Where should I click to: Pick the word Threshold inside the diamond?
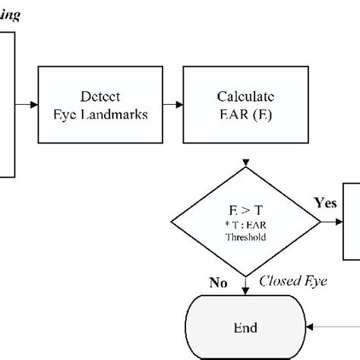point(245,236)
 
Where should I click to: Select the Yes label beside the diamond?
point(325,204)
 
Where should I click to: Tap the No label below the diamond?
point(219,283)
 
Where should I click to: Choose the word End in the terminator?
point(245,328)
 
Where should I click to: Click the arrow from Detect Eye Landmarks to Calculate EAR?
point(169,106)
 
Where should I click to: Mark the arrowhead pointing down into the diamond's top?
point(245,165)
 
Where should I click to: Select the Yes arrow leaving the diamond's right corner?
point(332,222)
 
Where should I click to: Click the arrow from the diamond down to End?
point(245,285)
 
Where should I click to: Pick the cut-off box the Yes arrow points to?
point(352,220)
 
